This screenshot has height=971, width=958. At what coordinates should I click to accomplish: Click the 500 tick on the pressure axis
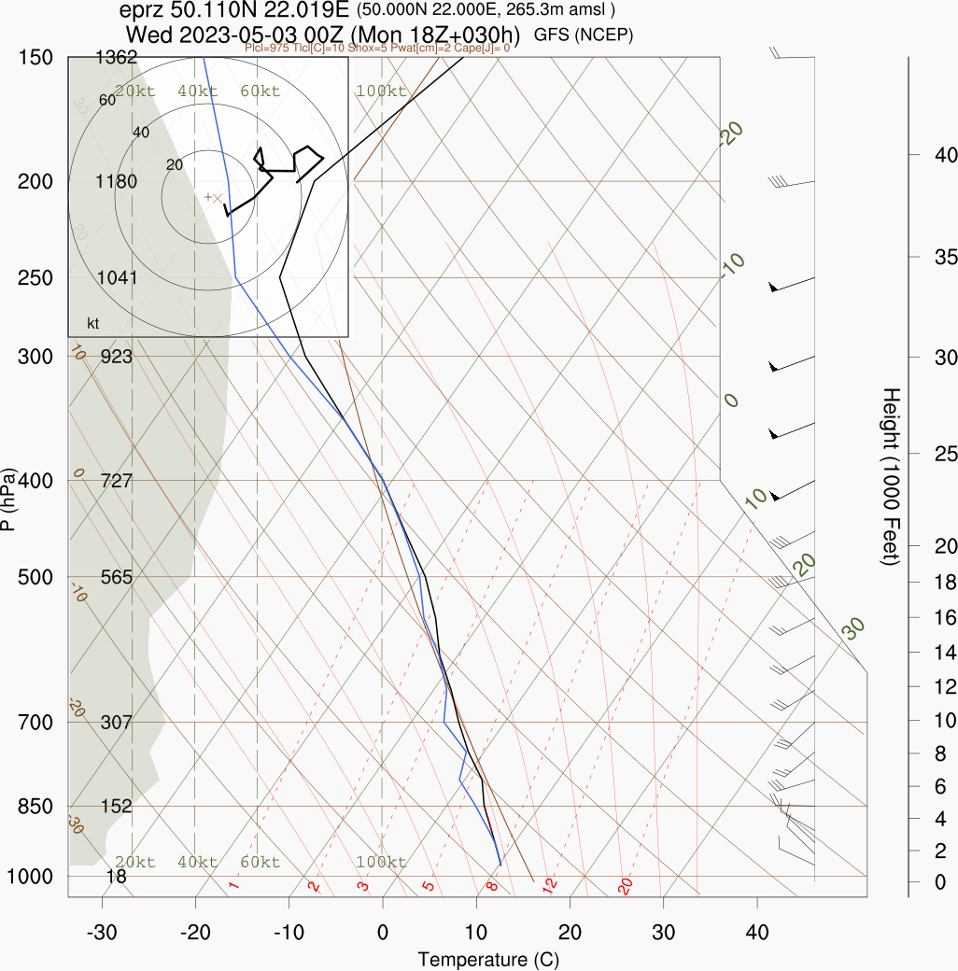click(x=35, y=577)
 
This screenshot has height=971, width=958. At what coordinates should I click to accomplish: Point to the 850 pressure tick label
click(x=35, y=806)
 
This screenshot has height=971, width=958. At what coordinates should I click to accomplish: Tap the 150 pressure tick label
click(x=35, y=57)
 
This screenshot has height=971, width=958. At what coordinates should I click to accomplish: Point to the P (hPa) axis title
click(x=8, y=500)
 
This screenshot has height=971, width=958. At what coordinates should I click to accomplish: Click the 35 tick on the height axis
click(x=936, y=256)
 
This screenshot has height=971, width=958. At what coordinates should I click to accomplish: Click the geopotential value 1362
click(x=117, y=58)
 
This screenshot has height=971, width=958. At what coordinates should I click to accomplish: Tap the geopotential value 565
click(x=117, y=577)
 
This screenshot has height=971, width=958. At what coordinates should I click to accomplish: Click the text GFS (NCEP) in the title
click(x=584, y=35)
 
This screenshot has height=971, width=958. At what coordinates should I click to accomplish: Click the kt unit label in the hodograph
click(x=93, y=324)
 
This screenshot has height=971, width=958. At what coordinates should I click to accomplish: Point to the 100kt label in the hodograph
click(x=381, y=91)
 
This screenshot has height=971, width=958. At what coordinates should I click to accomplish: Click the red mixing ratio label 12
click(x=550, y=884)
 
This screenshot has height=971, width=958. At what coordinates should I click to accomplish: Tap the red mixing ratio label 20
click(x=626, y=885)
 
